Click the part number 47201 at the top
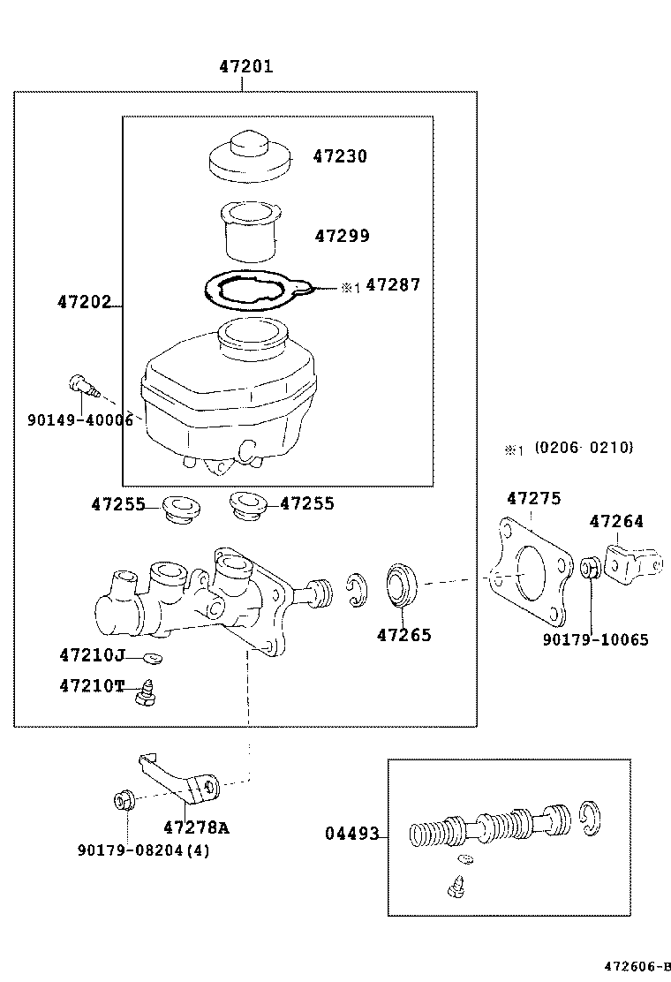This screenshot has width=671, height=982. tap(246, 66)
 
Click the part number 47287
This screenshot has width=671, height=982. tap(393, 285)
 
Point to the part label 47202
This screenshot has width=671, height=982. tap(85, 302)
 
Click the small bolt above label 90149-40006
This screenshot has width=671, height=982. tap(82, 386)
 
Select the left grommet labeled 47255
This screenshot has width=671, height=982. tap(183, 510)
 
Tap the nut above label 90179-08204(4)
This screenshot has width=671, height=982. tap(124, 802)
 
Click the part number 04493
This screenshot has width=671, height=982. tap(351, 834)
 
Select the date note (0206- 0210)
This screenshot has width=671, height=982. tap(583, 449)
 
